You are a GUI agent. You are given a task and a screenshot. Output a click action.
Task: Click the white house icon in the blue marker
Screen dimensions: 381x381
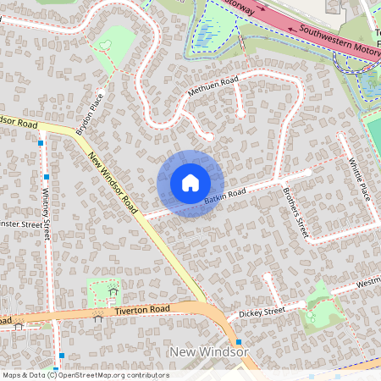click(x=190, y=183)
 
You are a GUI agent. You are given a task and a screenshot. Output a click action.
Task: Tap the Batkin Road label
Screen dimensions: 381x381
click(x=224, y=196)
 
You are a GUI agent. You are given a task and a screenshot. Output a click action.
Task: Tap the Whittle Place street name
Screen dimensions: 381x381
click(x=361, y=180)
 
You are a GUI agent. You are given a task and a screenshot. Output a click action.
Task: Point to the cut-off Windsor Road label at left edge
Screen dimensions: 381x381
click(x=19, y=122)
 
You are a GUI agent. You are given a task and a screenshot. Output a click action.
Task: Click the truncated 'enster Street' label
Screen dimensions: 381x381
click(x=20, y=224)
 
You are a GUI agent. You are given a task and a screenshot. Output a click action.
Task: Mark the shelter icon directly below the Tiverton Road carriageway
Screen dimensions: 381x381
click(x=99, y=319)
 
